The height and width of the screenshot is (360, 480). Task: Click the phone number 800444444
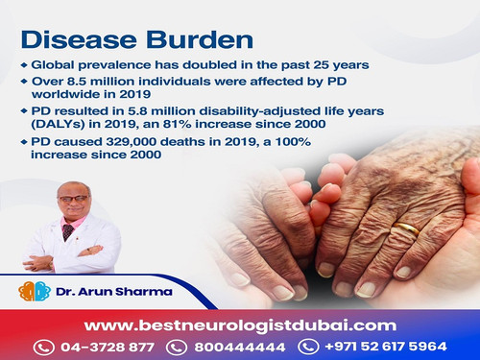pos(239,347)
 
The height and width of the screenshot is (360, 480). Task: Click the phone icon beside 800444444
pos(179,347)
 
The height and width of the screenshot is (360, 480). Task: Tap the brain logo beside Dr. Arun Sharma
pos(36,291)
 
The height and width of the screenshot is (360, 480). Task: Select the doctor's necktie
pos(68,233)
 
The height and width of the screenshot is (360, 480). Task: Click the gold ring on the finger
pos(408,230)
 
